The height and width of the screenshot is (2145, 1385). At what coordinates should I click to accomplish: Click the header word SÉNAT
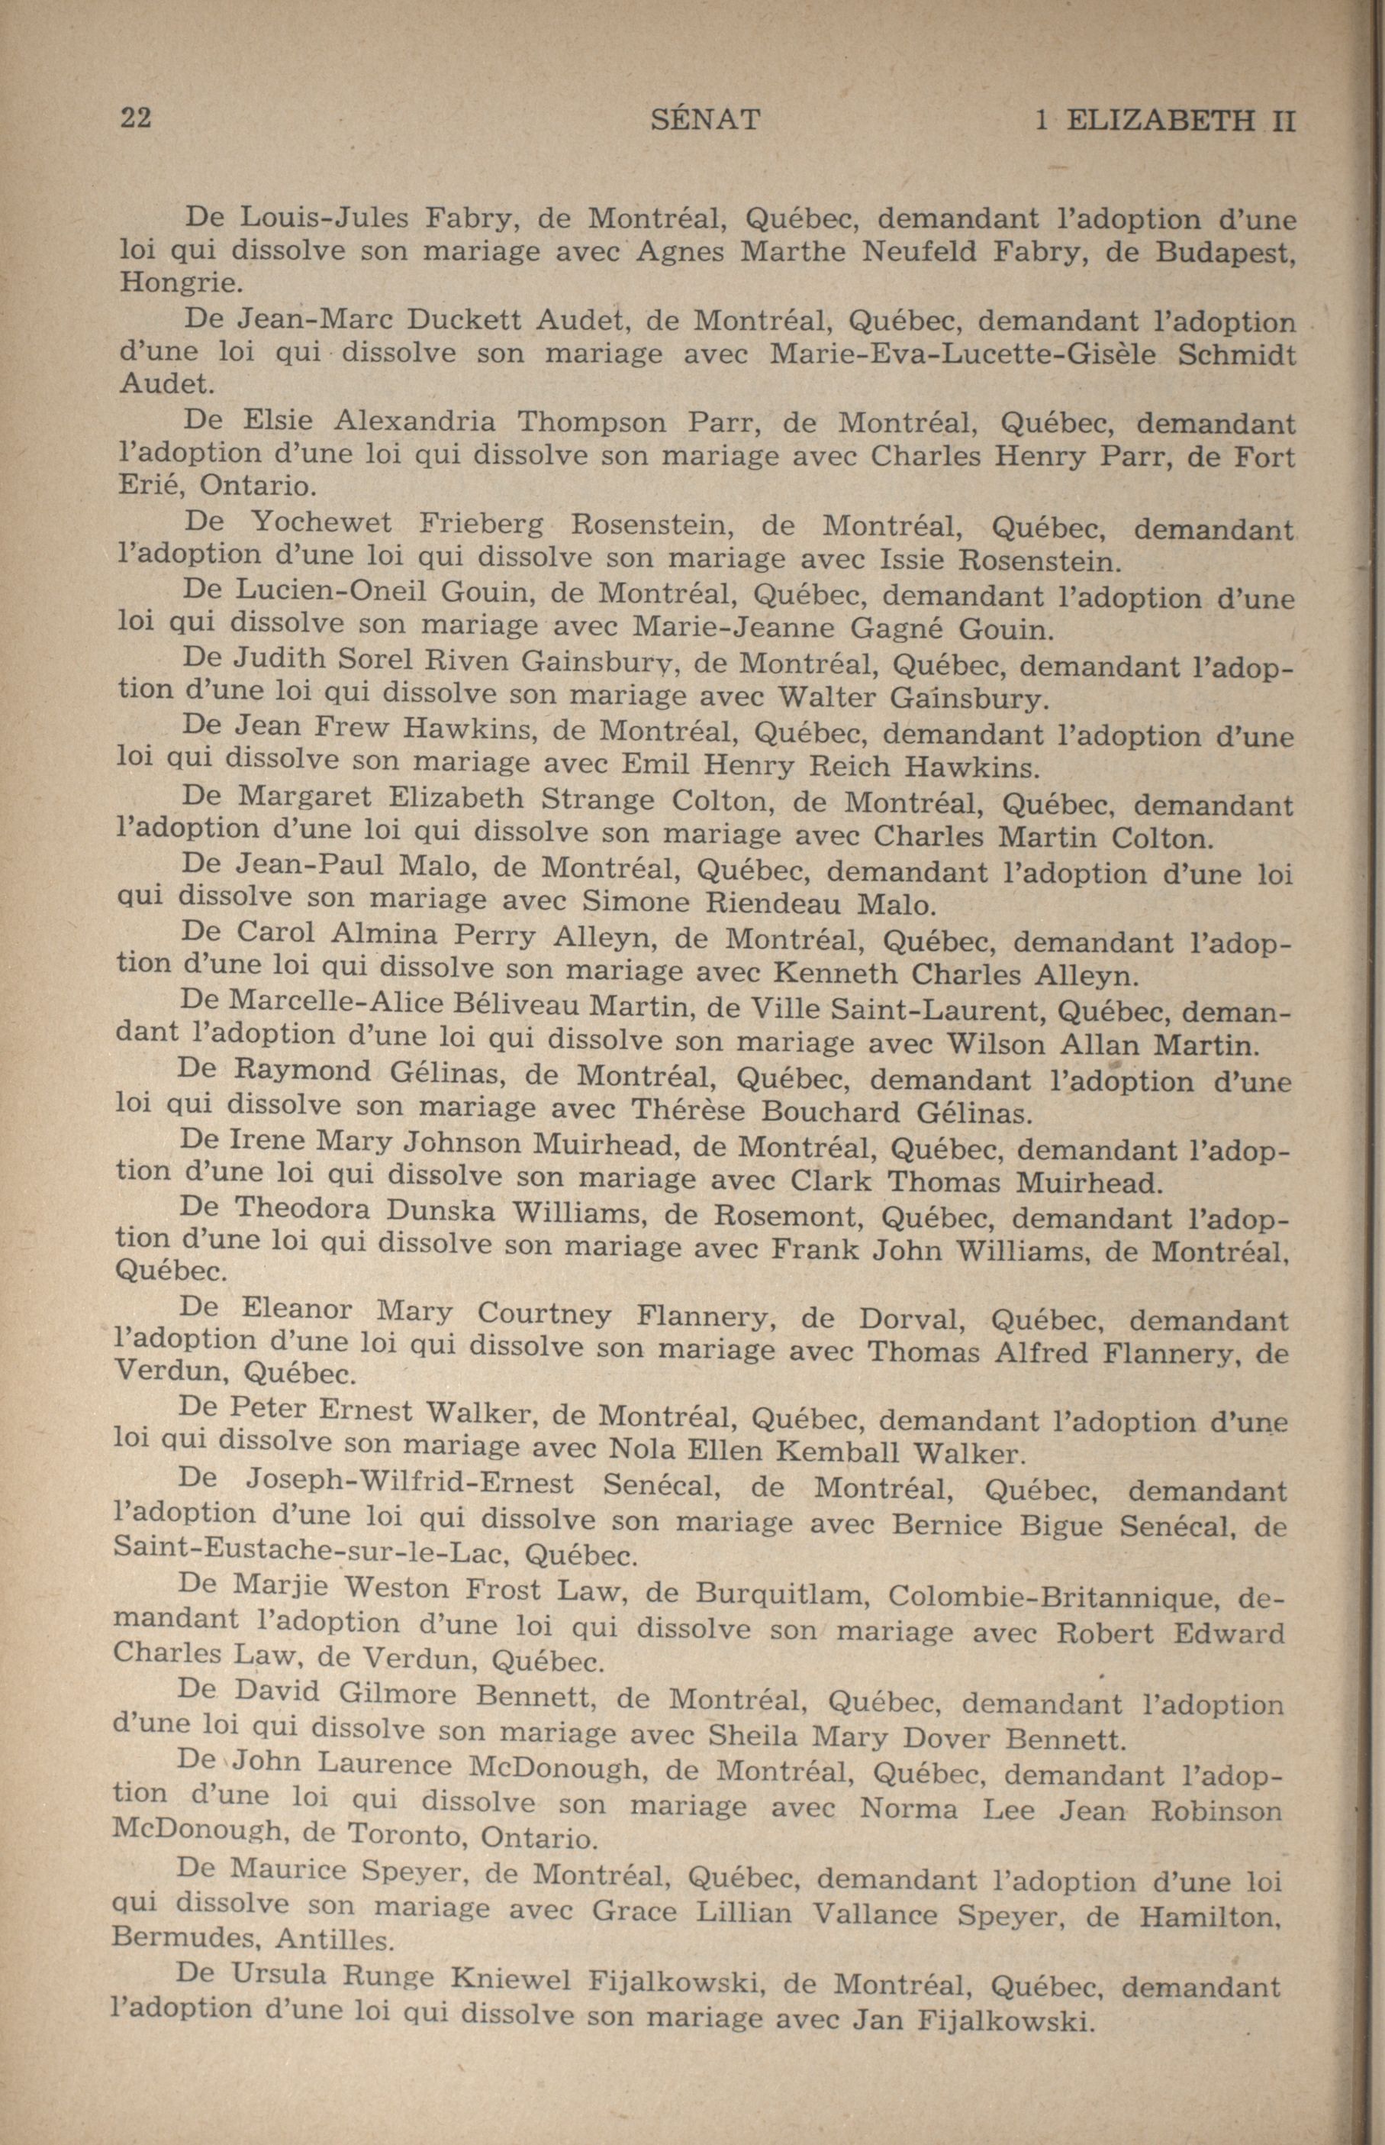(x=705, y=120)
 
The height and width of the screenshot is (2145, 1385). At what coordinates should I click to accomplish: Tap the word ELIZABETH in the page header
(x=1159, y=121)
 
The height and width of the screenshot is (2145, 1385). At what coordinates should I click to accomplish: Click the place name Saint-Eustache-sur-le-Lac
(x=311, y=1555)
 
